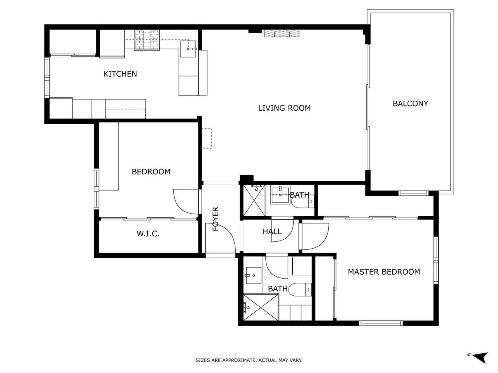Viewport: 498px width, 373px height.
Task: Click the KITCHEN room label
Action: (x=120, y=74)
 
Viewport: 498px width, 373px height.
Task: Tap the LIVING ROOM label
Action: (x=284, y=108)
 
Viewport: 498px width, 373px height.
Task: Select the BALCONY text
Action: (x=410, y=104)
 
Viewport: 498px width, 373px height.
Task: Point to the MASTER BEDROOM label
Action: (x=384, y=272)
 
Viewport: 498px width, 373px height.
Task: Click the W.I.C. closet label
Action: (x=148, y=233)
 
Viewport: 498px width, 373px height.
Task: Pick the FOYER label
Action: (x=216, y=219)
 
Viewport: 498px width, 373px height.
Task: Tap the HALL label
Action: (x=272, y=231)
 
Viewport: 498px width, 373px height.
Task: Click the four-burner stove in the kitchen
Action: (x=147, y=40)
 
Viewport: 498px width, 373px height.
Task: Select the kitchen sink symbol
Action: (x=188, y=49)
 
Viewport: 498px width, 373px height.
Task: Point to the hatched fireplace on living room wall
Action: (x=281, y=33)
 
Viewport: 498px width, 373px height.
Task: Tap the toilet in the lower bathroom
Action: (x=301, y=290)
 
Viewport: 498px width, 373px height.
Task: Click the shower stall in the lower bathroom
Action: (x=261, y=307)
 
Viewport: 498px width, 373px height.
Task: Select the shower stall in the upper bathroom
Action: (x=254, y=200)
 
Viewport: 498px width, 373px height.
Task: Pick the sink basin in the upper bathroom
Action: (x=280, y=196)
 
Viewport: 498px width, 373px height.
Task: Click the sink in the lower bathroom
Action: (x=253, y=275)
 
